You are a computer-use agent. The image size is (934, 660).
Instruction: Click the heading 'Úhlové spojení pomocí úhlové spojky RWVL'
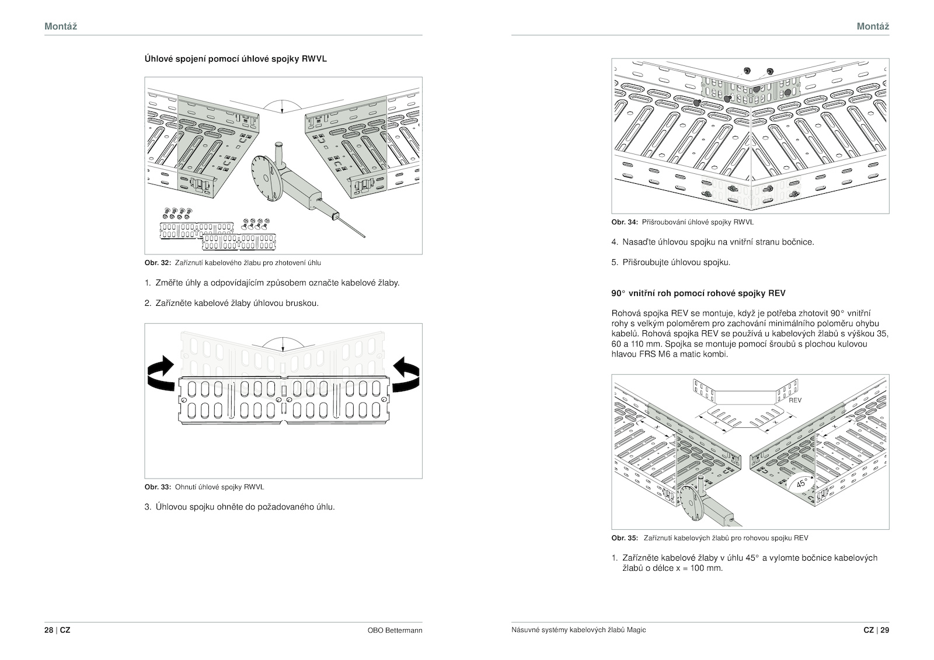236,59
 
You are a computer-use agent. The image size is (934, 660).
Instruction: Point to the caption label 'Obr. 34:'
625,222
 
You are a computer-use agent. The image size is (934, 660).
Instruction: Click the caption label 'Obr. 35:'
625,538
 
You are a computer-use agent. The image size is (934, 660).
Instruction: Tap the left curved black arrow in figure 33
161,373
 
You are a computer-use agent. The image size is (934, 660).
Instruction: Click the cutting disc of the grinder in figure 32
263,179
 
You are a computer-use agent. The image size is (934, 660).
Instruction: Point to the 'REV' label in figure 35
794,400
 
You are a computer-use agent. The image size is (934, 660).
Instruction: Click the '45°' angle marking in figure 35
801,483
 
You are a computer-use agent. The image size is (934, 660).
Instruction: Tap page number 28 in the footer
49,630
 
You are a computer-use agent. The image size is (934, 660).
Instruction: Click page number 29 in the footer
885,630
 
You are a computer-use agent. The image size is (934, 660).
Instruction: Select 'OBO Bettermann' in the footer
395,630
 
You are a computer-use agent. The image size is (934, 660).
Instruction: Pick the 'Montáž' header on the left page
61,26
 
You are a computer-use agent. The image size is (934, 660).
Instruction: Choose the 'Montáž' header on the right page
873,26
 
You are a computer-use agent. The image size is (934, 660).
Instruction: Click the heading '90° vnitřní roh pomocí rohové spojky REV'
698,293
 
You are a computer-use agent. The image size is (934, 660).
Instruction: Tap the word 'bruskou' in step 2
302,303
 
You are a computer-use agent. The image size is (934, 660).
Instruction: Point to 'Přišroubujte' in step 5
646,263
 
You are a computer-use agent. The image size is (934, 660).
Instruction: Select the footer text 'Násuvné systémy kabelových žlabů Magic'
578,630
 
